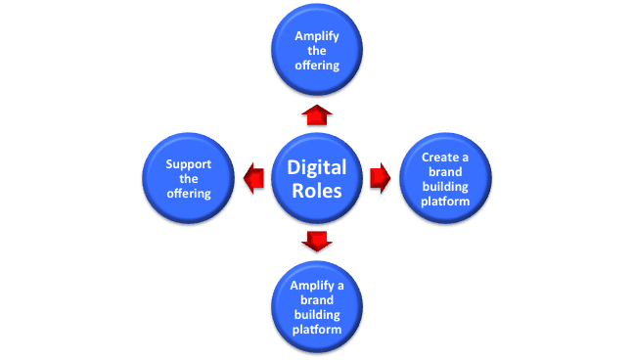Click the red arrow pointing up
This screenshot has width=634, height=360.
[317, 114]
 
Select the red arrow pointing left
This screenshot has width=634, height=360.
[253, 177]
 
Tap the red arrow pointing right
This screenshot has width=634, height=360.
[380, 177]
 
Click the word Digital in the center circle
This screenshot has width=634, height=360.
[316, 168]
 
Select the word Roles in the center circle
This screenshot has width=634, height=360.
[316, 192]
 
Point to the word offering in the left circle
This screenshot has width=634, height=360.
[189, 194]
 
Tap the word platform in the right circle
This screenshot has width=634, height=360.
[445, 201]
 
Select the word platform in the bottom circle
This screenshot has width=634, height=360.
[317, 330]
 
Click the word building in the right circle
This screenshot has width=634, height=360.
[445, 186]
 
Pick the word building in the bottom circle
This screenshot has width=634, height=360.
[317, 315]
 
